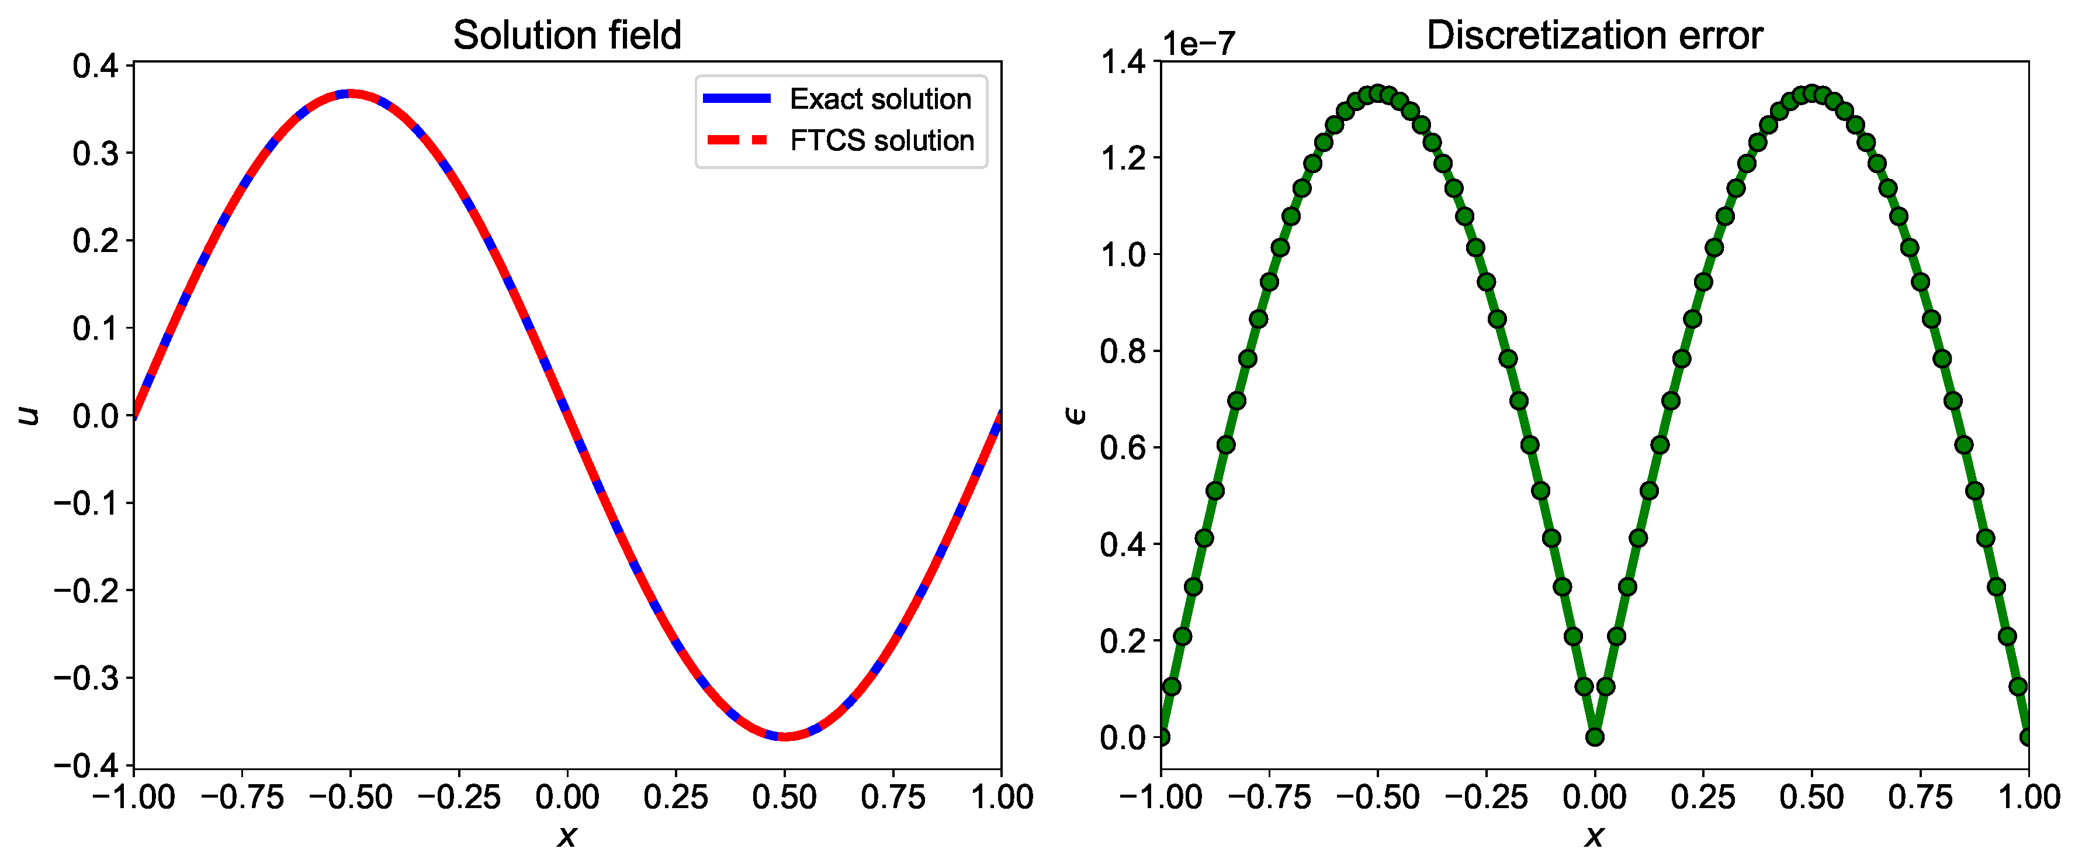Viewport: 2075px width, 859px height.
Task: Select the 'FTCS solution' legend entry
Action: [x=881, y=140]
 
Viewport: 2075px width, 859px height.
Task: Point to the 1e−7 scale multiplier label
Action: [x=1198, y=43]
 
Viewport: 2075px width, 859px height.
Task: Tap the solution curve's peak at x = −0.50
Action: [x=351, y=94]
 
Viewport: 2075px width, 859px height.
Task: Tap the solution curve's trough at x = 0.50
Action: [x=785, y=736]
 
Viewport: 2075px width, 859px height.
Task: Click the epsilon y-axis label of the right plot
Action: [x=1075, y=415]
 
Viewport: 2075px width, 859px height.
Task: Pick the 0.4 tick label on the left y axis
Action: [x=95, y=65]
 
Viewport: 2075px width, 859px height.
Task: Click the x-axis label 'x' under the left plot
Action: [x=567, y=836]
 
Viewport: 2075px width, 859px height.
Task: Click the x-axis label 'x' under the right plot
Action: [x=1594, y=836]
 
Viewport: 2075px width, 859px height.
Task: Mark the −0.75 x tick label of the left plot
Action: [x=242, y=797]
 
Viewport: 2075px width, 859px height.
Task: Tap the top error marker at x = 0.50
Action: [x=1811, y=94]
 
